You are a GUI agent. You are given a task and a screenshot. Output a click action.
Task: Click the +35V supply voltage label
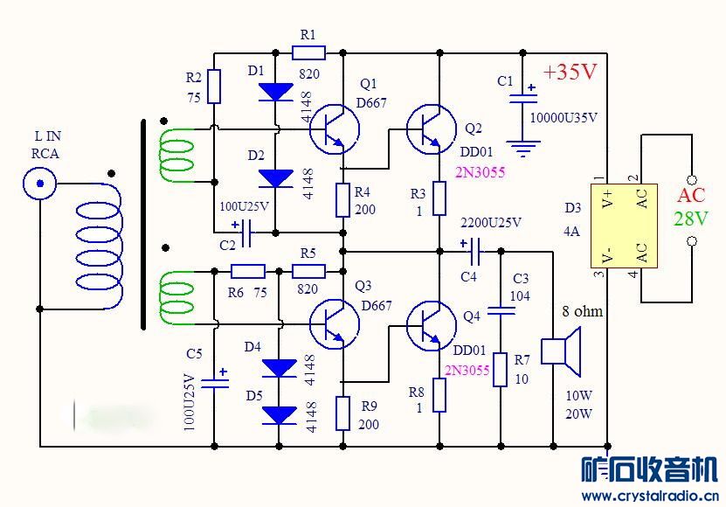(570, 73)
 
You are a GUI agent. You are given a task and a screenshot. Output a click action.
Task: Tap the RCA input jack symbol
(40, 183)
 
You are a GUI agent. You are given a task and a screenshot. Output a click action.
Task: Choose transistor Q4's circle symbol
(430, 323)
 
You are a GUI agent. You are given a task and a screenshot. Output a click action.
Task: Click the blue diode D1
(277, 91)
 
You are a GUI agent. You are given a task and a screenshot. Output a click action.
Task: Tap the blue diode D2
(277, 178)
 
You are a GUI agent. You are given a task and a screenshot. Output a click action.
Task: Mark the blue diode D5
(280, 414)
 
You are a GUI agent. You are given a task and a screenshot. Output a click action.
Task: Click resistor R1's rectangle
(308, 53)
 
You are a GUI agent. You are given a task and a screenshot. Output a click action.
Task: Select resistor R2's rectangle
(215, 87)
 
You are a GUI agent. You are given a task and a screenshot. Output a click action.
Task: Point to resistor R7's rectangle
(500, 369)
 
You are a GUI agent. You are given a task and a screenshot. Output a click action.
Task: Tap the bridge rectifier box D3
(623, 225)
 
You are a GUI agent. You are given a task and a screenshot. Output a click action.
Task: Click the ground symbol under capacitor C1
(523, 149)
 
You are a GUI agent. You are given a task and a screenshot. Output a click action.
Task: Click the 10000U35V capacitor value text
(564, 116)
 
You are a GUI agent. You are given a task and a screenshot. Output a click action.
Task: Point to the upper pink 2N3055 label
(480, 172)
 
